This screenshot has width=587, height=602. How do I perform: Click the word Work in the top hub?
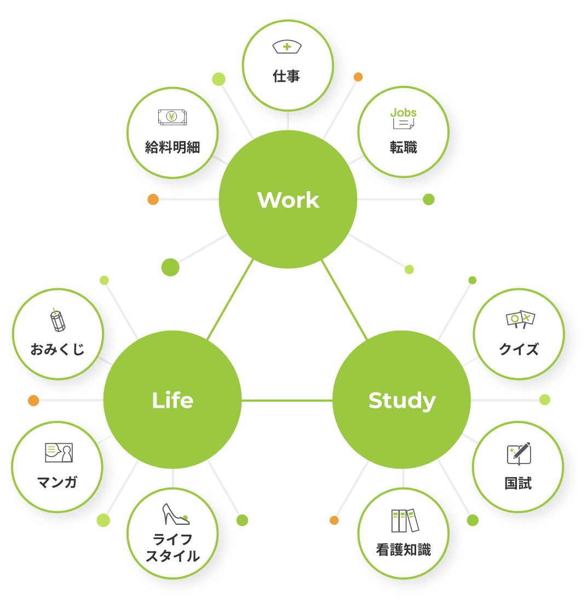[x=288, y=200]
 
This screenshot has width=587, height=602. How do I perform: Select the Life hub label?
[x=172, y=401]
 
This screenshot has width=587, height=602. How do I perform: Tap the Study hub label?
[x=402, y=401]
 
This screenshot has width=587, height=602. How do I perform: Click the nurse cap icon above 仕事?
[x=287, y=47]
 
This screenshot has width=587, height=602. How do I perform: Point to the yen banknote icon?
[x=172, y=117]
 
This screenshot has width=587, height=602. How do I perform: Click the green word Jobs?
[x=404, y=112]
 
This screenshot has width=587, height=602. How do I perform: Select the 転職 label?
[x=404, y=147]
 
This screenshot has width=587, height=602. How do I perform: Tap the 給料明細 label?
[x=172, y=147]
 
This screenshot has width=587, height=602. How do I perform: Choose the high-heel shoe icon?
[x=175, y=514]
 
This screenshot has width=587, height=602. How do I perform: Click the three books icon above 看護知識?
[x=405, y=520]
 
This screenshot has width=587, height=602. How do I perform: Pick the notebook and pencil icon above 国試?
[x=519, y=454]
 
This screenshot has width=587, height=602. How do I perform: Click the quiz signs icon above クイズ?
[x=520, y=319]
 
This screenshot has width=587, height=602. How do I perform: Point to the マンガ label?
[x=57, y=482]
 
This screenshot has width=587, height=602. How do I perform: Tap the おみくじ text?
[x=57, y=349]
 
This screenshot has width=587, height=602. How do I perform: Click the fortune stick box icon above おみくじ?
[x=57, y=320]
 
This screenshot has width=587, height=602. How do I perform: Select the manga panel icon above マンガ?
[x=59, y=453]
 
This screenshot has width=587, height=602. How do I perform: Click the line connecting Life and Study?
[x=287, y=401]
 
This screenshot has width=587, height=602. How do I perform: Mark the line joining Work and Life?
[x=230, y=299]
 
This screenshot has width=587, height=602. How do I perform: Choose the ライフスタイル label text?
[x=172, y=548]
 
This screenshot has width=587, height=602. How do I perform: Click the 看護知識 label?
[x=404, y=550]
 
